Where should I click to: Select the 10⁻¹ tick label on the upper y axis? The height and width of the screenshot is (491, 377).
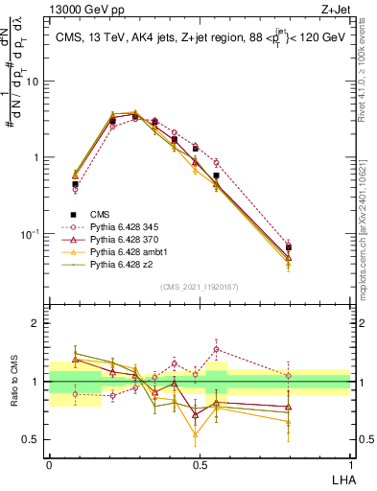coord(31,233)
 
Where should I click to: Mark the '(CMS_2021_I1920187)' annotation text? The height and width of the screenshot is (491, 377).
coord(200,287)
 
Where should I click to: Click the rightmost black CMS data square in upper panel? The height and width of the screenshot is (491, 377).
coord(289,247)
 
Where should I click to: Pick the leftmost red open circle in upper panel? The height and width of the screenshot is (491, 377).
coord(75,189)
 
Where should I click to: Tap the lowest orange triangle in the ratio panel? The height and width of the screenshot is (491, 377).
coord(196,434)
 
